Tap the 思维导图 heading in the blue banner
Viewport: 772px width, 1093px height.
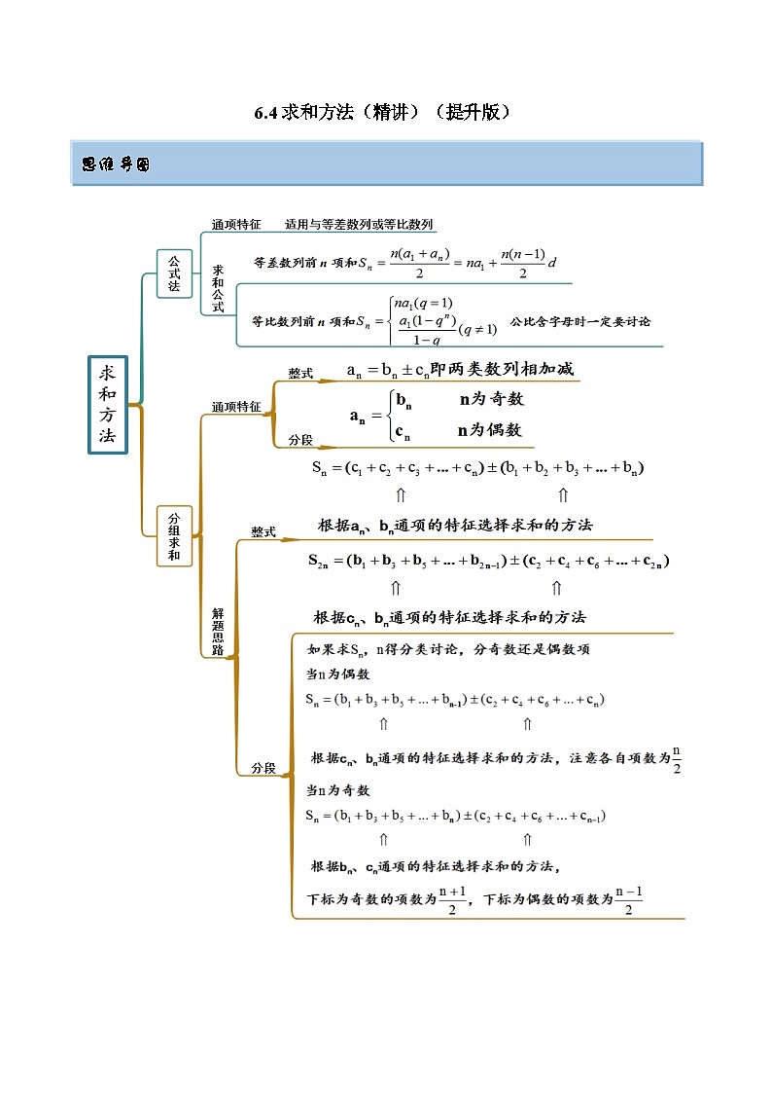[116, 165]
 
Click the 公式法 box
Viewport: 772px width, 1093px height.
[174, 273]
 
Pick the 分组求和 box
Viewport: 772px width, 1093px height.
[174, 536]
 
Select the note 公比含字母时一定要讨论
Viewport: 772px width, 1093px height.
[579, 320]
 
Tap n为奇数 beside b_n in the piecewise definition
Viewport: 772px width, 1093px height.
[491, 398]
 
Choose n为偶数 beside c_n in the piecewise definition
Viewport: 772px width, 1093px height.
[490, 429]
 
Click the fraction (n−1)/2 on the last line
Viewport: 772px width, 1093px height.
[629, 900]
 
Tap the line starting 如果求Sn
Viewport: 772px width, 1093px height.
[448, 649]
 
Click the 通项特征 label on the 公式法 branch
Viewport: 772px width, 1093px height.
[236, 224]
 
